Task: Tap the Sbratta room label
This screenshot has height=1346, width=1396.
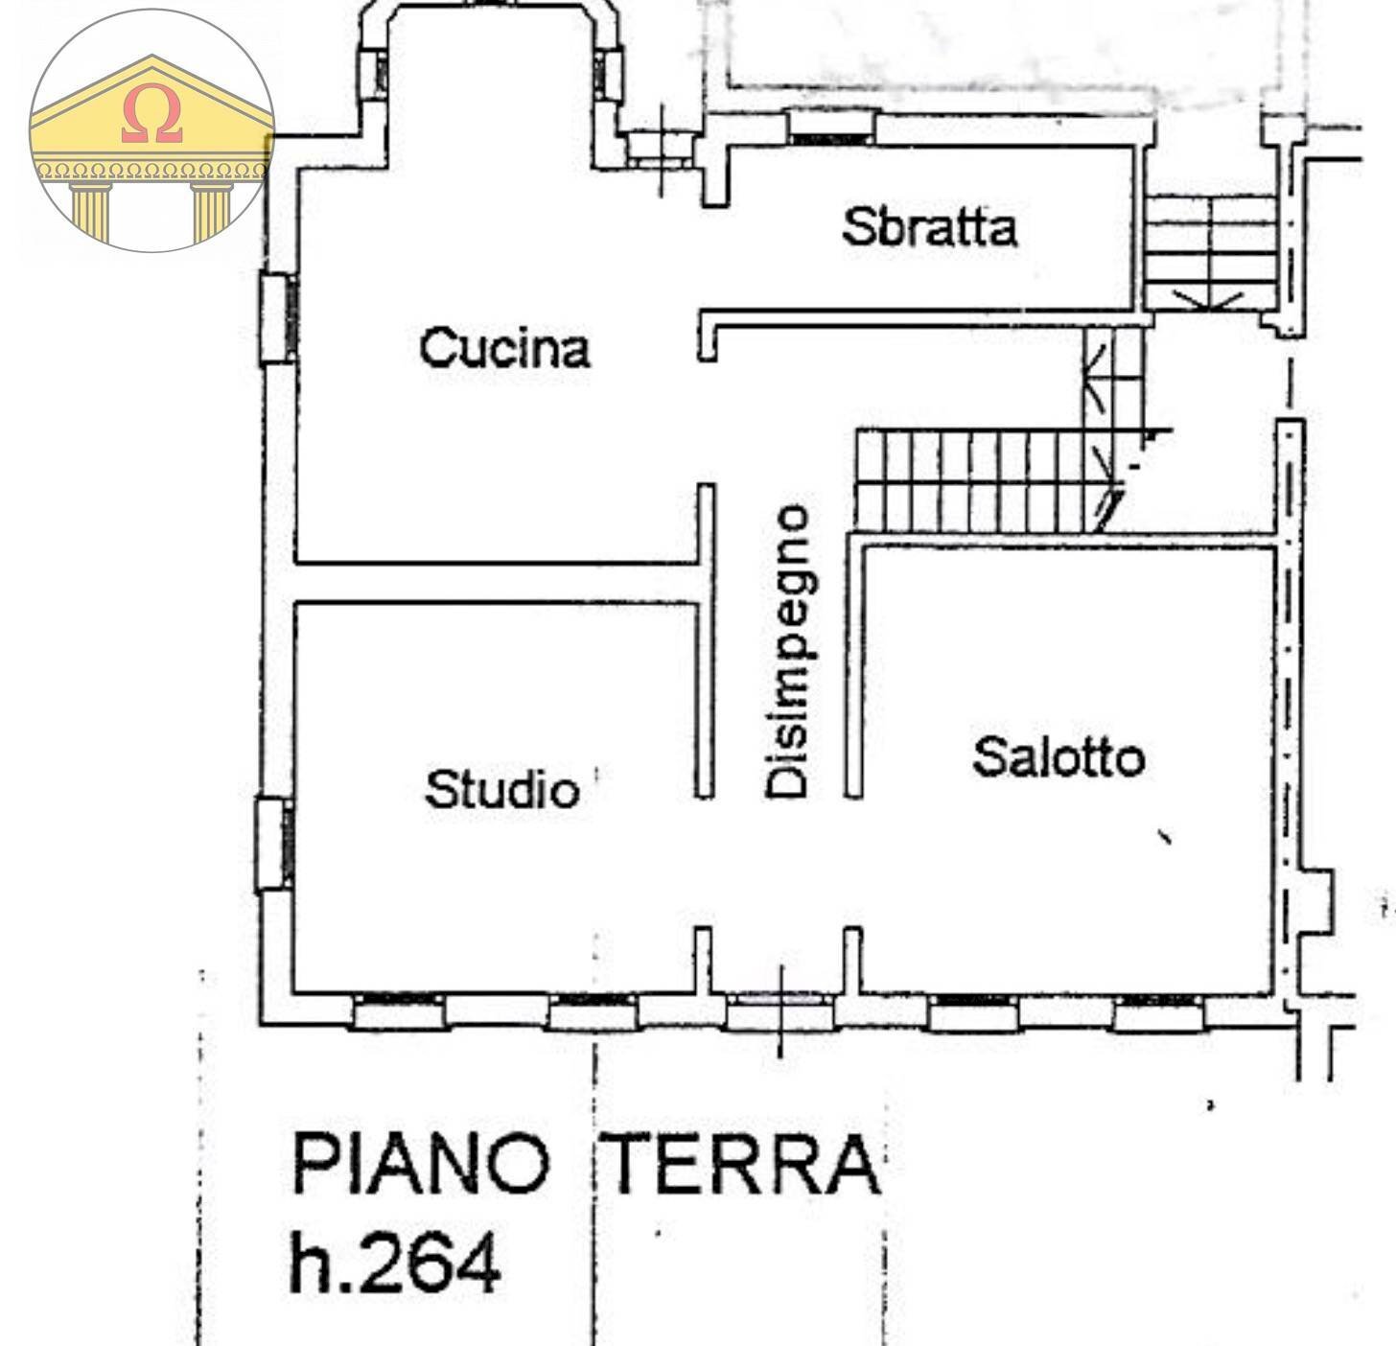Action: [x=928, y=227]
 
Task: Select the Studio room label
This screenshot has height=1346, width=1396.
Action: [x=502, y=790]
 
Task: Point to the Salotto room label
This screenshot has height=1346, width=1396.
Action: [x=1059, y=757]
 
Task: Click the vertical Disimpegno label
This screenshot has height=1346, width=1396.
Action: [x=788, y=652]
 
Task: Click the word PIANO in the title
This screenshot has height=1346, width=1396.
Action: [x=420, y=1164]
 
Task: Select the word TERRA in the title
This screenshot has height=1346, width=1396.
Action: [x=744, y=1164]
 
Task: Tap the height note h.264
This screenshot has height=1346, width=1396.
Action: [x=394, y=1262]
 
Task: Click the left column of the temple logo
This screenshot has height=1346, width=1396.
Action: [x=91, y=211]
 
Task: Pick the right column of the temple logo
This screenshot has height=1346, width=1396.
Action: [x=212, y=211]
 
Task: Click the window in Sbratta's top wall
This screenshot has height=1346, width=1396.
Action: [x=831, y=128]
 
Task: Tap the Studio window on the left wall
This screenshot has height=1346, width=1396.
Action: [x=274, y=844]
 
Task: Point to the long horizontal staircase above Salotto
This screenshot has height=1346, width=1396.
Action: [x=978, y=481]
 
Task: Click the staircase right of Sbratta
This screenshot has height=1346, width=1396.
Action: [x=1210, y=251]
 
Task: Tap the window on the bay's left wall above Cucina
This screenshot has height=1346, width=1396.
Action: [x=373, y=74]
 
